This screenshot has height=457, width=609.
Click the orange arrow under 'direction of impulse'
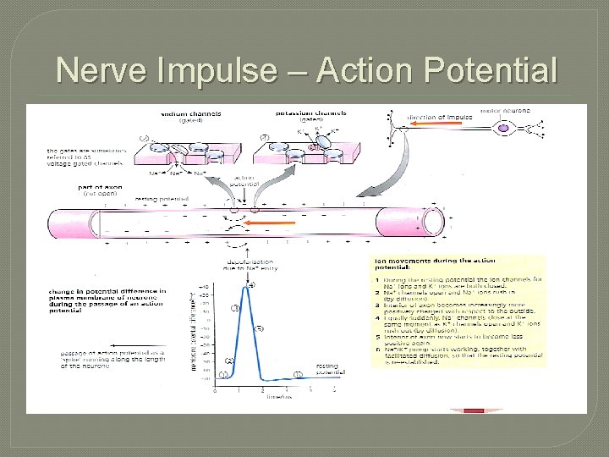tap(436, 129)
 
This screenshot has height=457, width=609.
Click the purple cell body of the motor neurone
tap(505, 129)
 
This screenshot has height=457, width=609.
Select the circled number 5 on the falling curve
tap(260, 328)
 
